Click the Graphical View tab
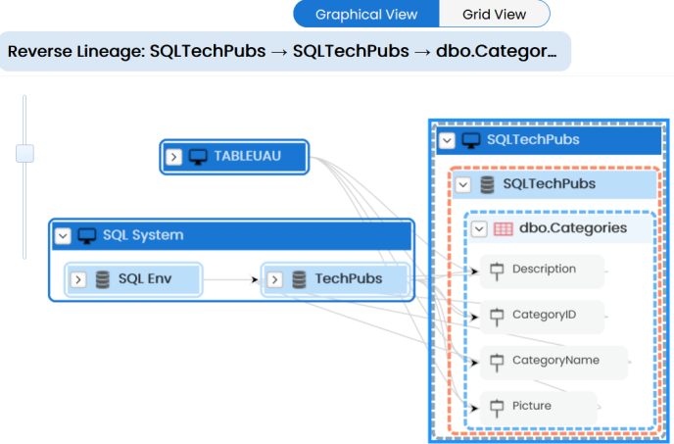pos(366,14)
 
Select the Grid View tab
pos(495,14)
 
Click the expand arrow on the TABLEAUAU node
pos(173,157)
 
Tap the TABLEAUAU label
pos(248,156)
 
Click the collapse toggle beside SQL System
pos(63,236)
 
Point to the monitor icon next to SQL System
pos(87,236)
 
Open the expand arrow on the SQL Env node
pos(78,279)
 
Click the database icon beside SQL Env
pos(102,279)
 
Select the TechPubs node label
pos(349,278)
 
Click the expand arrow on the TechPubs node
pos(274,279)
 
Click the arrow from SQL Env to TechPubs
pos(231,279)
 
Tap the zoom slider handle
pos(24,154)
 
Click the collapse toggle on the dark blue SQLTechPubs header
pos(447,140)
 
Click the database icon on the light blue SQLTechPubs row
pos(487,184)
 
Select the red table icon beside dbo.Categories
pos(503,229)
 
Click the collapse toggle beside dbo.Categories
pos(479,229)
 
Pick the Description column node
pos(542,271)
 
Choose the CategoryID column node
pos(542,317)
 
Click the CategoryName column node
pos(554,363)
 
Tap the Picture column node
pos(539,408)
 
